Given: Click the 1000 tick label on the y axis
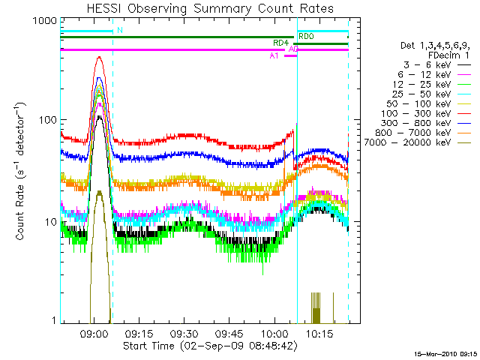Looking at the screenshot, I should pyautogui.click(x=42, y=22).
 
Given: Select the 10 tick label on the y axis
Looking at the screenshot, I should pyautogui.click(x=48, y=223).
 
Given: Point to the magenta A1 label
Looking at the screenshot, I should pyautogui.click(x=274, y=55).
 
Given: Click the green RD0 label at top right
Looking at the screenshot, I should pyautogui.click(x=307, y=37).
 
